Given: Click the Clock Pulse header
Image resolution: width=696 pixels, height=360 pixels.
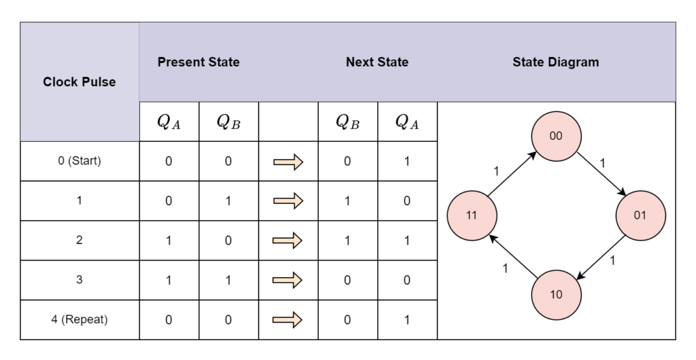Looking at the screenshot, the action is (80, 82).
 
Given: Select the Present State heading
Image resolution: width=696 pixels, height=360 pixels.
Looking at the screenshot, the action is (198, 62).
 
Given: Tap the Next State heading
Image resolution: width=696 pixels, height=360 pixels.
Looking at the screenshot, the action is (377, 62).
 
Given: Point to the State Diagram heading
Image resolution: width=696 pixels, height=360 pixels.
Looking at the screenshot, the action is (556, 62).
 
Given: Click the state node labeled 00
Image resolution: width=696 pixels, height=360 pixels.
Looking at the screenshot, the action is (556, 136).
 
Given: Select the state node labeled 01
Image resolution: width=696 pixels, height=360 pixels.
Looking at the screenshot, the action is (640, 215).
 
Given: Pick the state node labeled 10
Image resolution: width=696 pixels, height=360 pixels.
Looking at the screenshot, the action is (556, 295).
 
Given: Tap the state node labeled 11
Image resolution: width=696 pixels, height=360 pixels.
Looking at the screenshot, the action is (472, 215).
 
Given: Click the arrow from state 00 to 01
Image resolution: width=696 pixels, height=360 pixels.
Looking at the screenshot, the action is (602, 174).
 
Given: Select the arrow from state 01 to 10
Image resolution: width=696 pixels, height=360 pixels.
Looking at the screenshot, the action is (601, 257).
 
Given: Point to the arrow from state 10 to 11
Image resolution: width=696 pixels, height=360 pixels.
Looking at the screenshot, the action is (514, 257).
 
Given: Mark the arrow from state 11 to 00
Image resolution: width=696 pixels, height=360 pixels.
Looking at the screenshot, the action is (512, 174).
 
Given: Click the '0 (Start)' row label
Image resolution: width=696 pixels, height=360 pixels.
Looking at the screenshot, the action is (80, 161).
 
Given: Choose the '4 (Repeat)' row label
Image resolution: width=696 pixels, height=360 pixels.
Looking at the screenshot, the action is (80, 320).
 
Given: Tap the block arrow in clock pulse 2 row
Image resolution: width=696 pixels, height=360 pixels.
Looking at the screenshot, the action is (288, 240).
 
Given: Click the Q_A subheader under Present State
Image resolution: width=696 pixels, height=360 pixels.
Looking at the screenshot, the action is (169, 122).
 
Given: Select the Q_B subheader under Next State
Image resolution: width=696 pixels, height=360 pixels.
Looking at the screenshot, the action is (347, 122).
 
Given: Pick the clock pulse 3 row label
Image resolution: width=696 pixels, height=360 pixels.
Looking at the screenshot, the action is (80, 280).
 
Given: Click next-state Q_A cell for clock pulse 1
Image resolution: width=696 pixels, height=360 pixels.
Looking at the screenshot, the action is (407, 201).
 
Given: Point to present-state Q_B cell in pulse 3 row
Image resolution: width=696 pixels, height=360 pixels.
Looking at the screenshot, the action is (228, 281).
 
